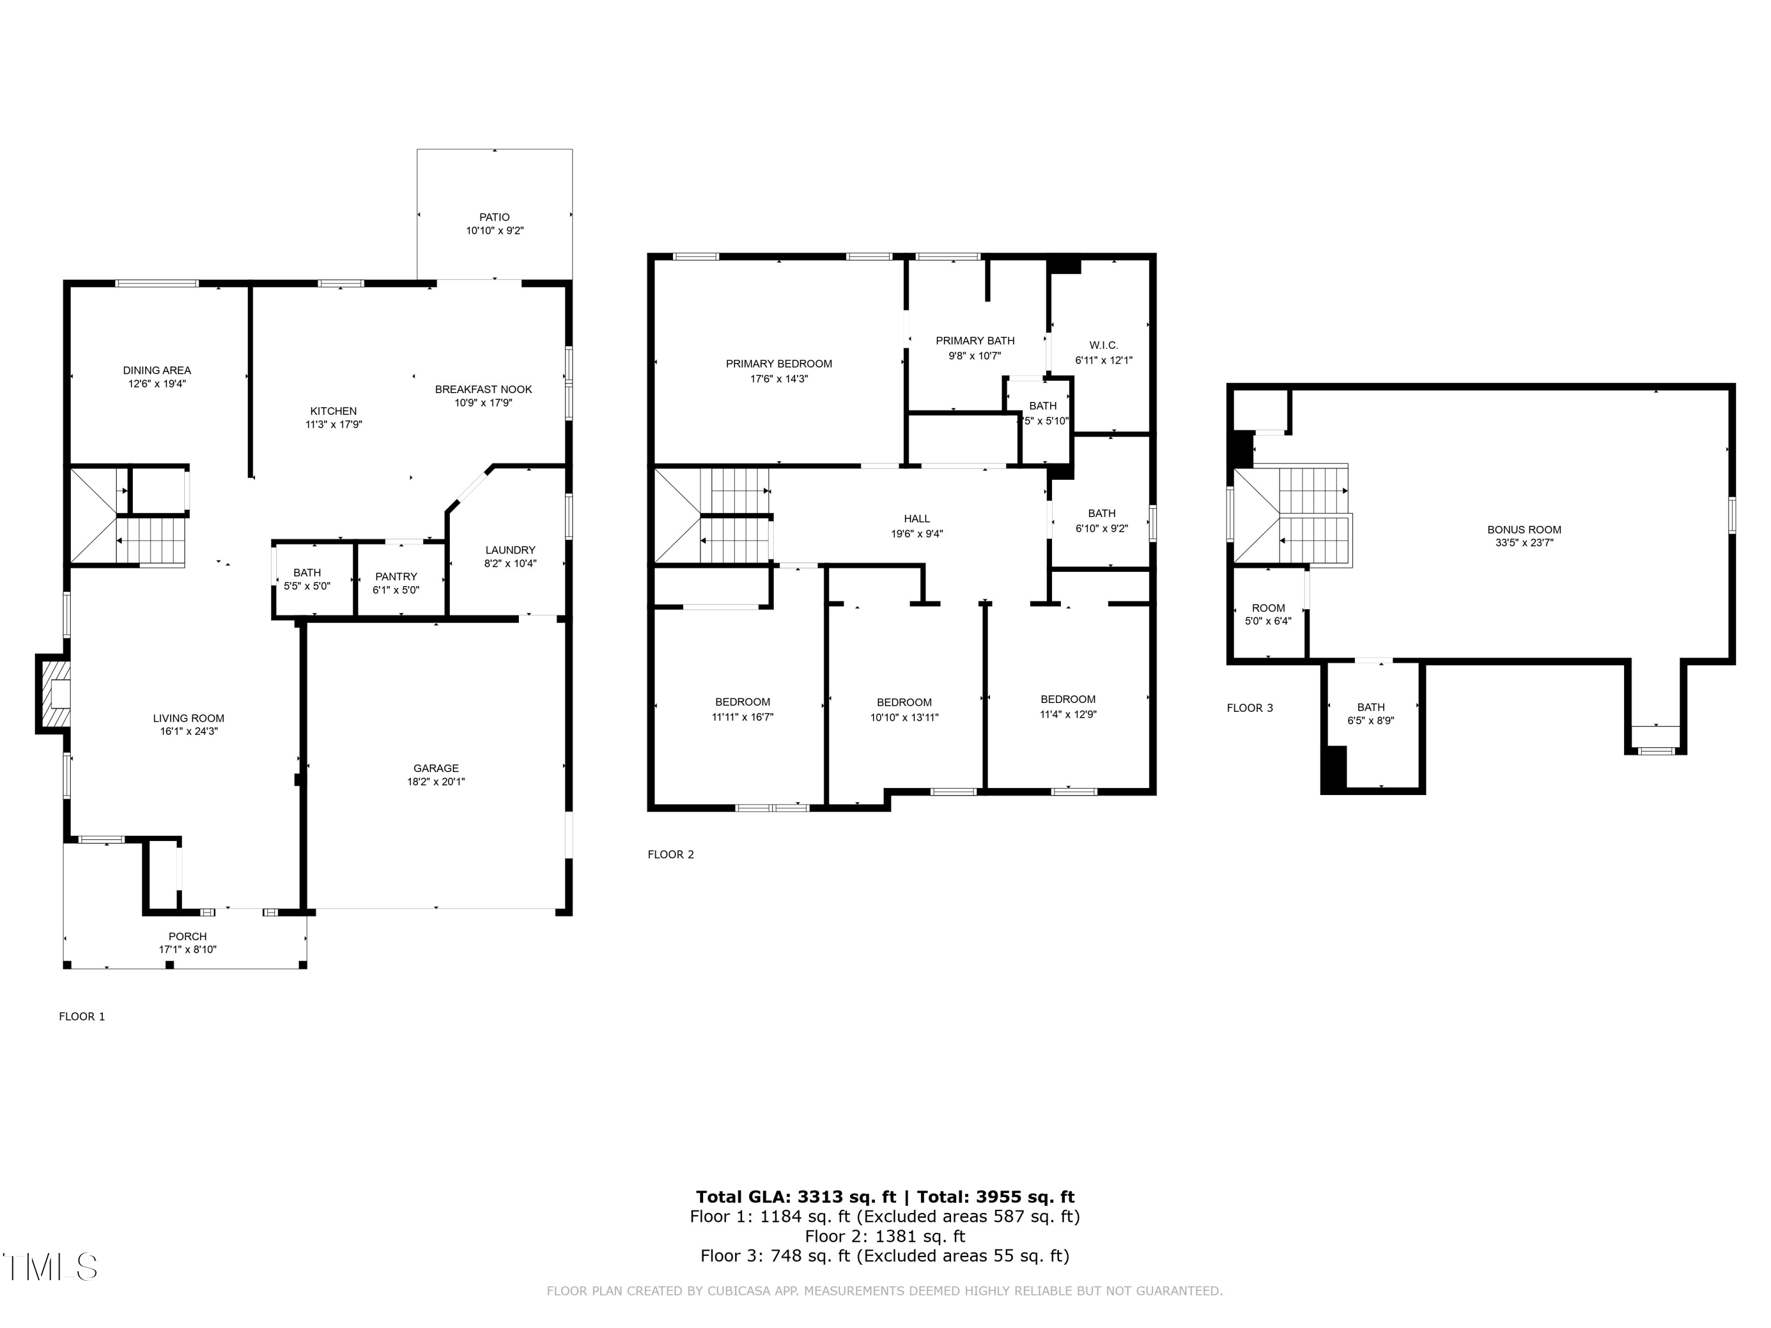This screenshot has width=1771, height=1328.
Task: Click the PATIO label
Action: point(494,217)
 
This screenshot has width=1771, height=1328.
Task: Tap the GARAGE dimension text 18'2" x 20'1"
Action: point(436,781)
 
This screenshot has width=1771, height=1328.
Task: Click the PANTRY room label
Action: point(396,576)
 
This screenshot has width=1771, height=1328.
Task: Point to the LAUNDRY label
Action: point(510,550)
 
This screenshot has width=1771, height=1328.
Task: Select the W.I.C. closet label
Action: point(1103,345)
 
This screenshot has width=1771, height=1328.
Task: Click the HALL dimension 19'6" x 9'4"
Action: point(917,534)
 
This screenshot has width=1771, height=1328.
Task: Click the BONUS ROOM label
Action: point(1524,529)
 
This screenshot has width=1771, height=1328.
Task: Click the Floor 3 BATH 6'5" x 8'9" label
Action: point(1371,707)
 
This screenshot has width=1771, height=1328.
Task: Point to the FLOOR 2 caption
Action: point(670,854)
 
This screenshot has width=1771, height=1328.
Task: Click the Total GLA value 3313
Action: point(820,1197)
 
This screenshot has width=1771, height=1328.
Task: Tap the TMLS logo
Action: point(50,1267)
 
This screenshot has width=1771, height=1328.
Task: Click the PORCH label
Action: point(187,936)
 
